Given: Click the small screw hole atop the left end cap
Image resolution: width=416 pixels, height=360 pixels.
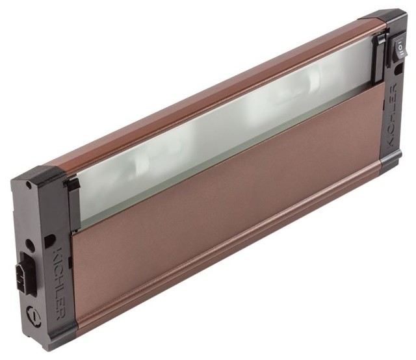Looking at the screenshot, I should click(x=27, y=185).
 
